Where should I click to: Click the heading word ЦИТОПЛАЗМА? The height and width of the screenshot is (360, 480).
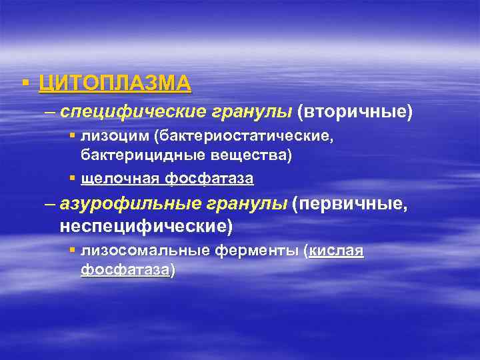pos(115,83)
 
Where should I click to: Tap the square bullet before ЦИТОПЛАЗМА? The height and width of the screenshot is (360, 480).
pos(25,83)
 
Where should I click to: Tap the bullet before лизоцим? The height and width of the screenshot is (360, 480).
pos(73,137)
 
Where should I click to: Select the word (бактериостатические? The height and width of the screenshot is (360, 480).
pos(242,137)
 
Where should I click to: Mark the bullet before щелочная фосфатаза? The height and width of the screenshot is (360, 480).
pos(73,179)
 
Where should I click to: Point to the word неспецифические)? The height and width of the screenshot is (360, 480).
pos(146,226)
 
